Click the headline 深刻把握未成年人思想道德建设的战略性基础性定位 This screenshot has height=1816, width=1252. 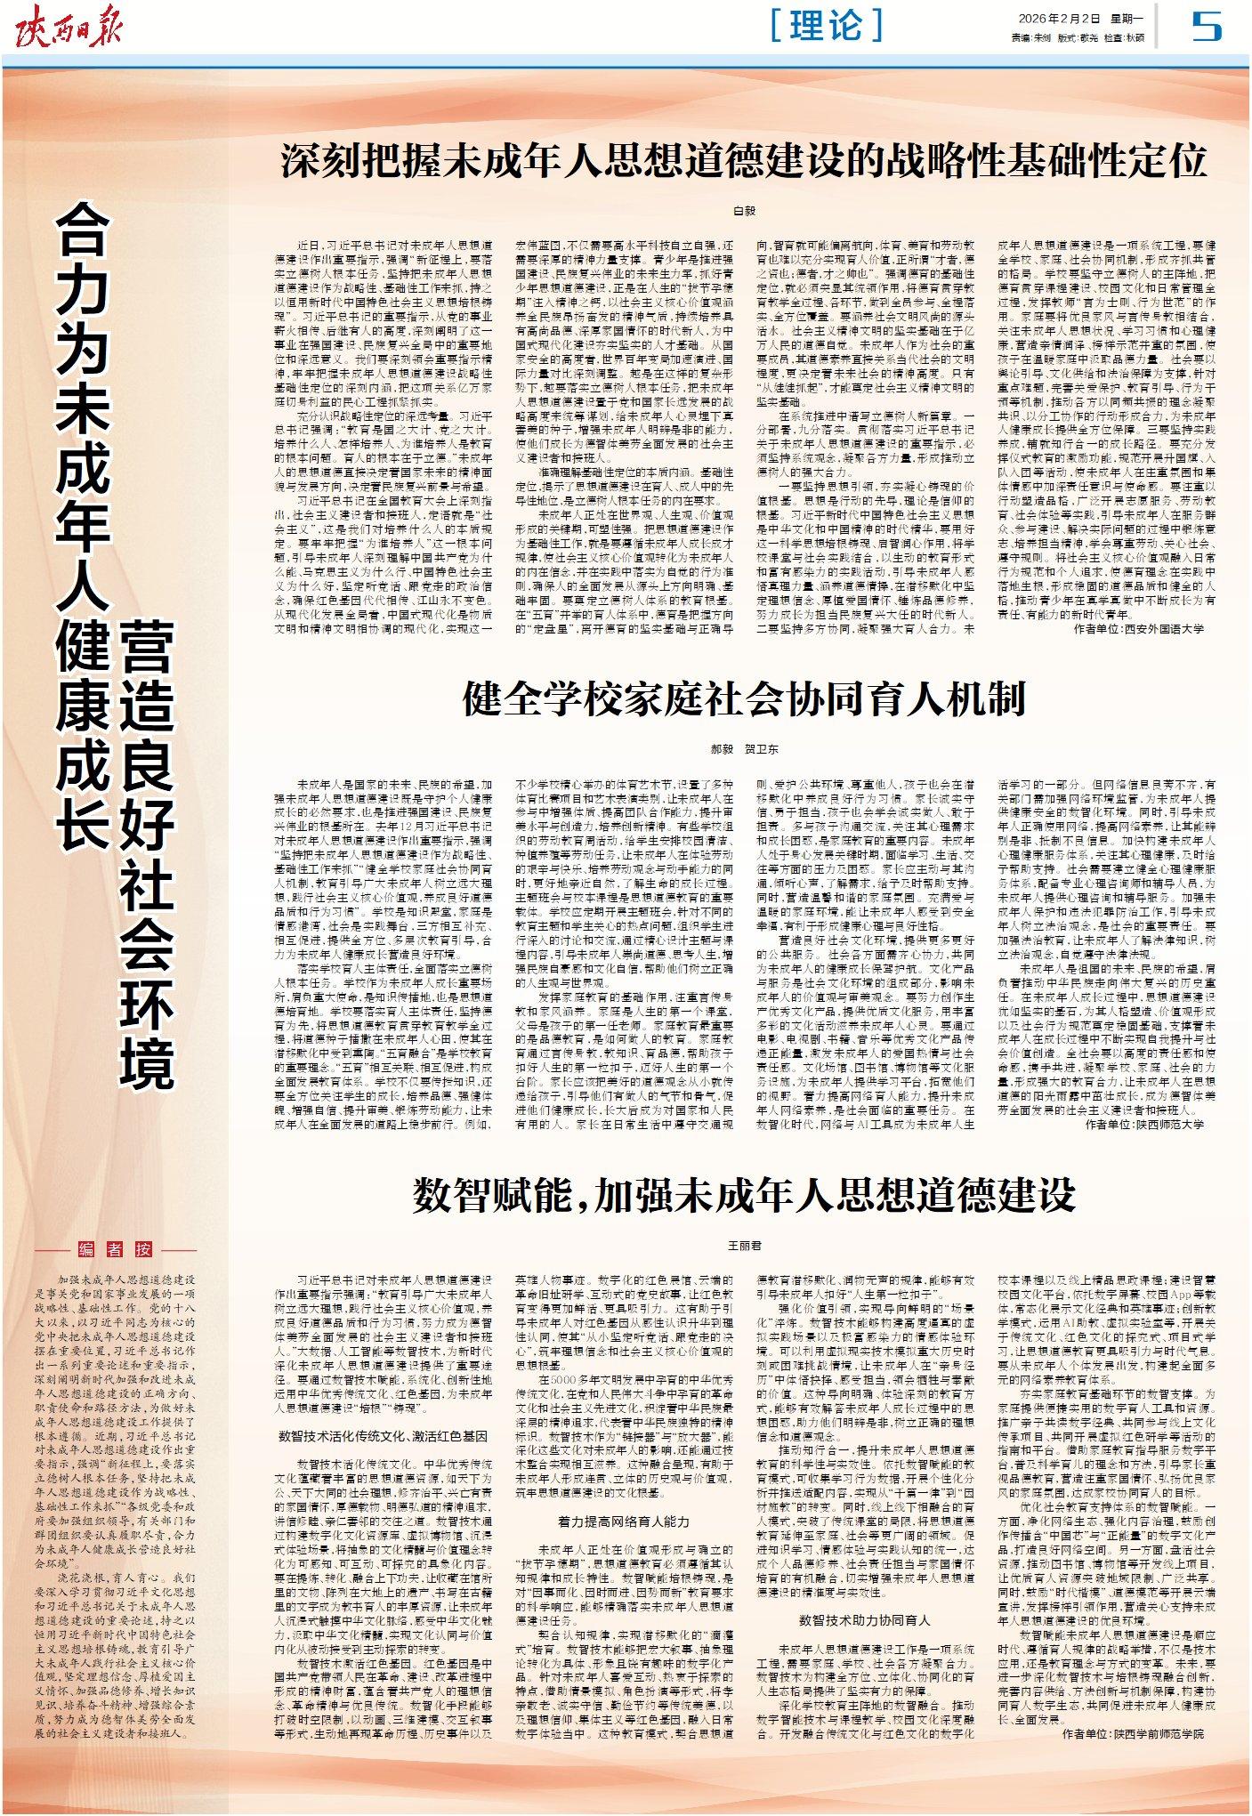pyautogui.click(x=744, y=162)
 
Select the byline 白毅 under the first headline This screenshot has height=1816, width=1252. pyautogui.click(x=744, y=211)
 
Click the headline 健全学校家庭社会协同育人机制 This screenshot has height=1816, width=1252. pyautogui.click(x=744, y=698)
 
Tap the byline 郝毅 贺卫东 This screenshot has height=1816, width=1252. pyautogui.click(x=744, y=749)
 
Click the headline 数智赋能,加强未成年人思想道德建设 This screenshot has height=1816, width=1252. pyautogui.click(x=744, y=1195)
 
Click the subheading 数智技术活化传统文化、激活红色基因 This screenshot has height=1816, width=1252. pyautogui.click(x=383, y=1435)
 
